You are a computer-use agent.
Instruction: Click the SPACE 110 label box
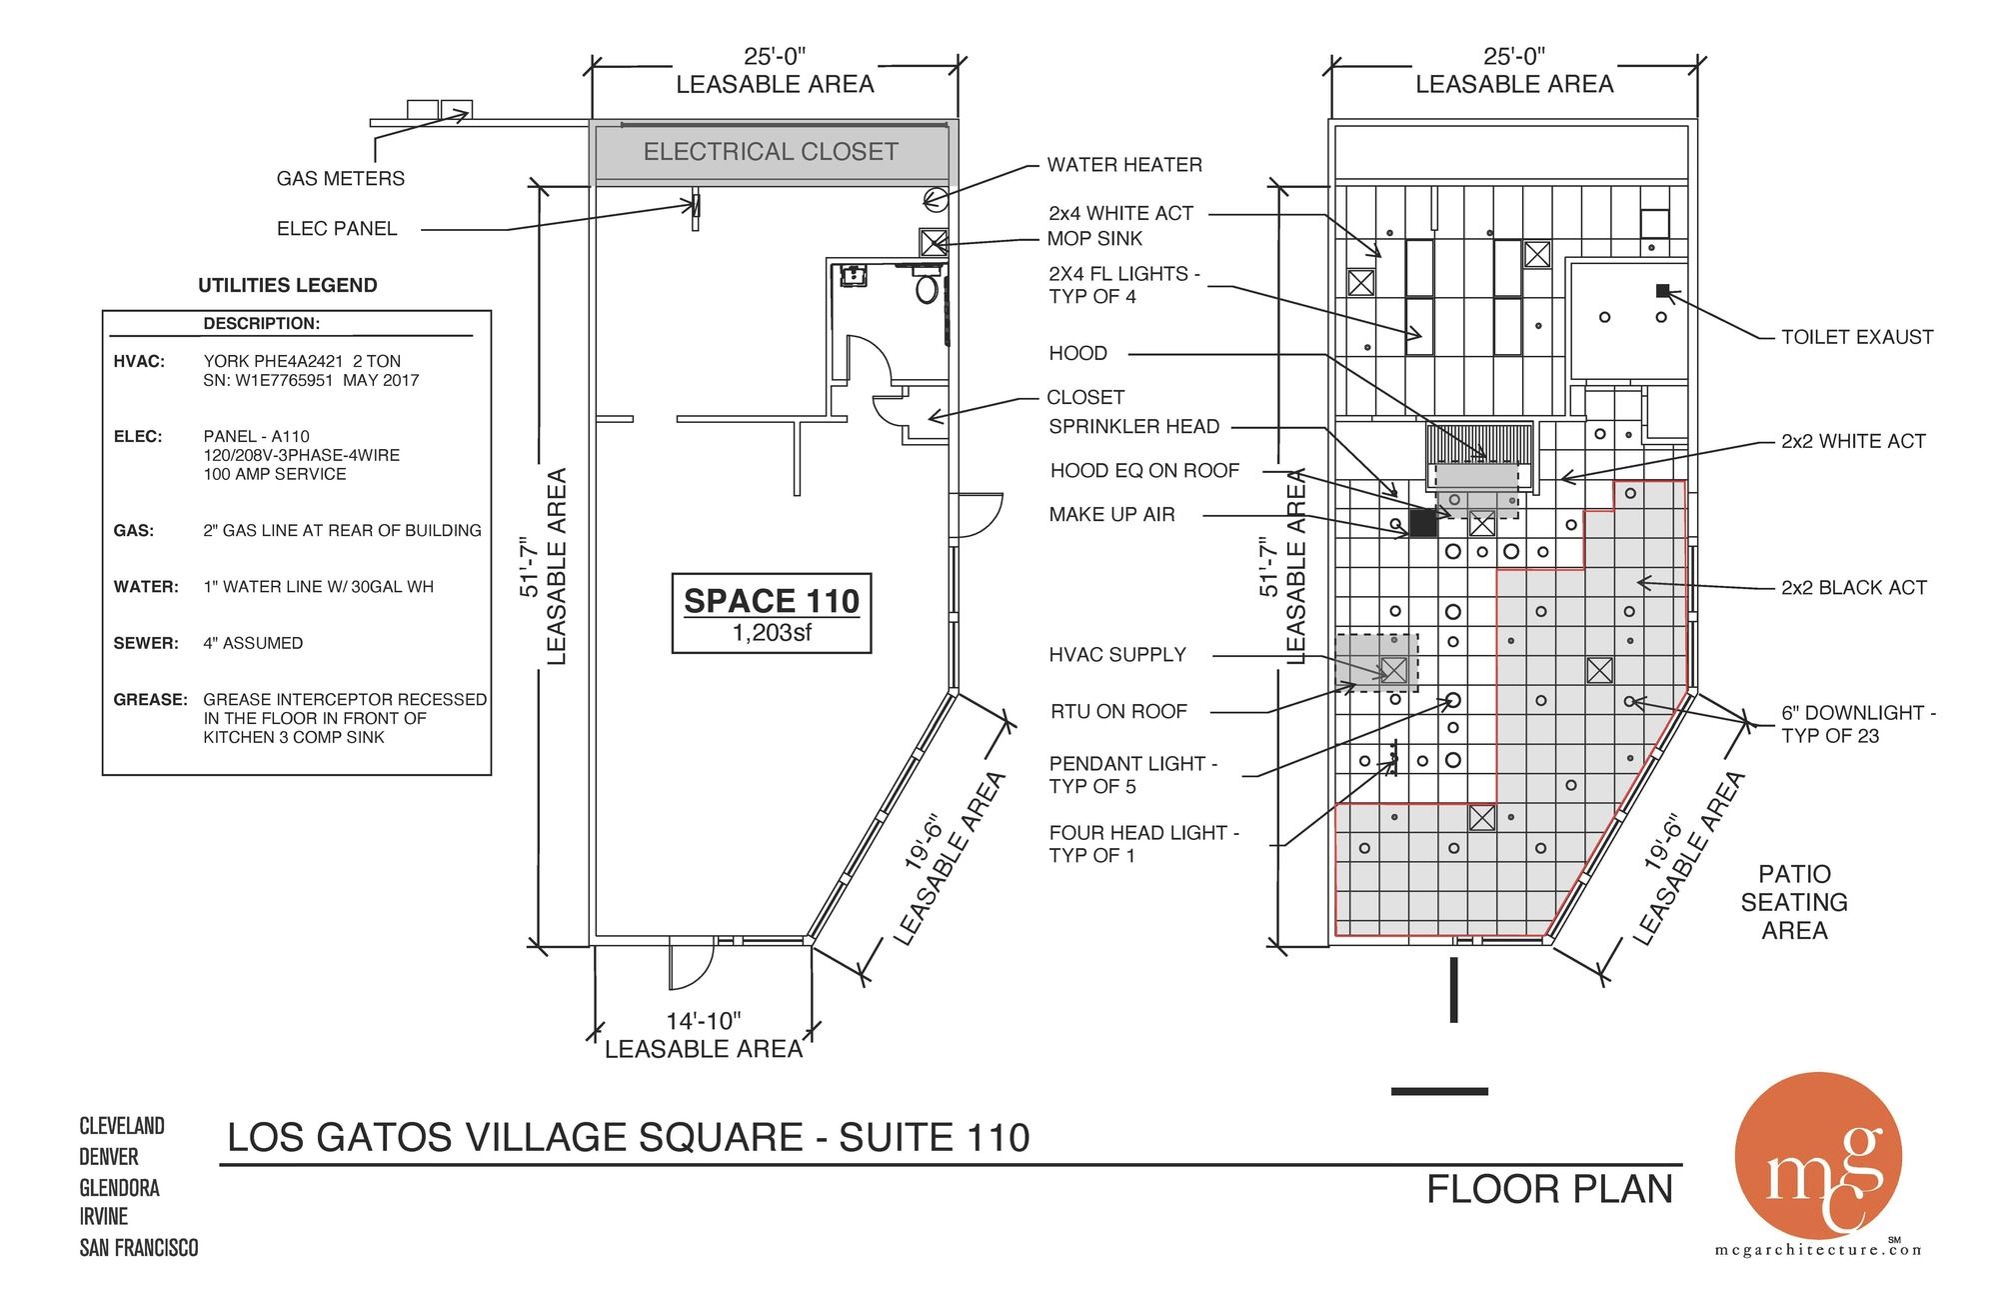click(772, 613)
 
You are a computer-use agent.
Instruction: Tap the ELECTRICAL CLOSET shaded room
click(771, 152)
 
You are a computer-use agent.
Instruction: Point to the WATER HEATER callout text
click(1124, 165)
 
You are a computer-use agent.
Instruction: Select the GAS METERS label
click(341, 179)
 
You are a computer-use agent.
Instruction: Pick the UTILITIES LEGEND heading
click(288, 285)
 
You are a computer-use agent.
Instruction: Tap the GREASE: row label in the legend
click(150, 699)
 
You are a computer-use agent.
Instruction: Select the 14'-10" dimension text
click(704, 1021)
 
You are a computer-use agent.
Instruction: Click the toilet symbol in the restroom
click(928, 289)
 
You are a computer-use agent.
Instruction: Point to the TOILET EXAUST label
click(1857, 337)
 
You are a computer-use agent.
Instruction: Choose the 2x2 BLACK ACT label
click(1854, 588)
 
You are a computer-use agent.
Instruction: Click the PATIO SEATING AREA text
click(1794, 902)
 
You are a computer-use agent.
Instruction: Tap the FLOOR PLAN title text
click(1549, 1189)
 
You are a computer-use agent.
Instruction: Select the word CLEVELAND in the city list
click(122, 1126)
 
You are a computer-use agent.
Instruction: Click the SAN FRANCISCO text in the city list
click(139, 1248)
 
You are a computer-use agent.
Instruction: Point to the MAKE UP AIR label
click(1111, 515)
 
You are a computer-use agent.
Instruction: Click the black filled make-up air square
click(1423, 523)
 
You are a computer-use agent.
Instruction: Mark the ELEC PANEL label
click(337, 229)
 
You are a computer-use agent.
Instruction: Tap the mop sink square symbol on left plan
click(933, 242)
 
